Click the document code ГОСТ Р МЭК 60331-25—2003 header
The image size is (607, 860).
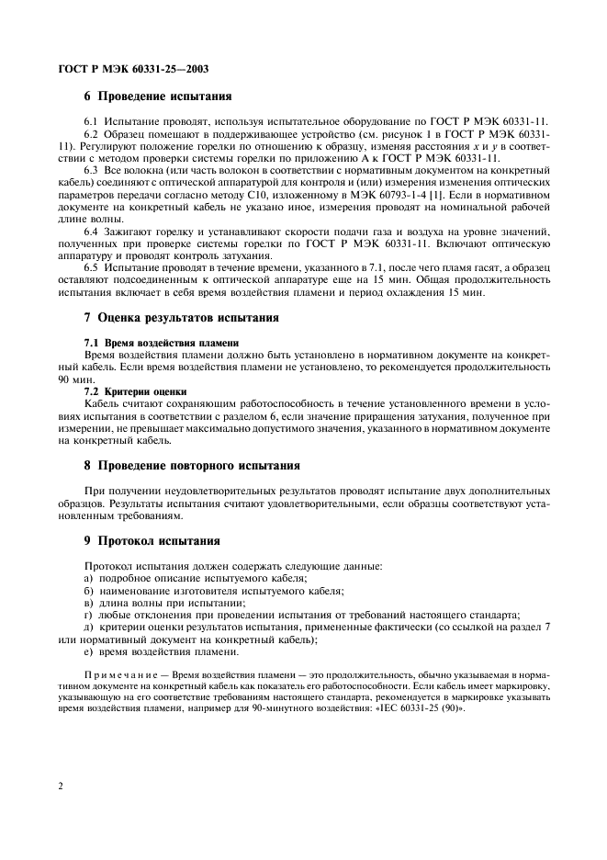tap(129, 67)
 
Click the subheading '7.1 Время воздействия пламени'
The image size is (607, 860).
tap(149, 342)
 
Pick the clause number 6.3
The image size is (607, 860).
tap(92, 170)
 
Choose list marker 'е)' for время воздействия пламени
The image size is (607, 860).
tap(89, 651)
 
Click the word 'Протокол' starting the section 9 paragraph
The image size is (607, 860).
tap(108, 566)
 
